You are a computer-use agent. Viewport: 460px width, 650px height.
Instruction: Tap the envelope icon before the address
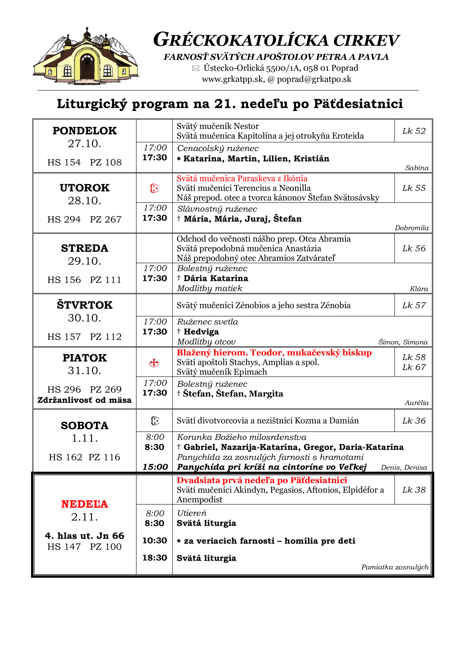(195, 68)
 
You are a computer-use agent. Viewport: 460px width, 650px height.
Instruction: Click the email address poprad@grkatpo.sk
(314, 79)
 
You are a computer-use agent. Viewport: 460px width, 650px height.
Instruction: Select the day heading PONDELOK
(84, 131)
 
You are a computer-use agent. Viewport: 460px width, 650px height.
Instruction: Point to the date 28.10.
(84, 201)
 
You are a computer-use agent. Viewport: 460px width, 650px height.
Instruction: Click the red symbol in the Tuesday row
(154, 188)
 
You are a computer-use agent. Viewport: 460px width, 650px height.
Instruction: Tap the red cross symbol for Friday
(154, 363)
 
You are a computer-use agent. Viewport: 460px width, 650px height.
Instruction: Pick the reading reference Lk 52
(414, 131)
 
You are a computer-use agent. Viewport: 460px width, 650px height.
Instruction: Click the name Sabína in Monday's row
(417, 168)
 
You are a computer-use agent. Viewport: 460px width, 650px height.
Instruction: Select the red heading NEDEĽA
(84, 504)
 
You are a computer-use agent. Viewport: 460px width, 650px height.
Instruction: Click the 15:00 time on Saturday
(155, 467)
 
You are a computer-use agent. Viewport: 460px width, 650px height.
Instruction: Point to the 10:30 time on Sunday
(155, 541)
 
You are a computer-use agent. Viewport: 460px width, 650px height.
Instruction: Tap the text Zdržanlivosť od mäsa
(84, 400)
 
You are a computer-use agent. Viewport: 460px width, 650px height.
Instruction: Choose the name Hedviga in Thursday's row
(201, 332)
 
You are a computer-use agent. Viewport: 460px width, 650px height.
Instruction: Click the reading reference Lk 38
(414, 490)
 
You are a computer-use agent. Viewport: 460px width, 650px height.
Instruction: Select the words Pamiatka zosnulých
(394, 567)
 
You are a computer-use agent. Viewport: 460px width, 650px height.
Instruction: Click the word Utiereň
(192, 513)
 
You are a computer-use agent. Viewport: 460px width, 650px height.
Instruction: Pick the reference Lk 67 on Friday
(414, 367)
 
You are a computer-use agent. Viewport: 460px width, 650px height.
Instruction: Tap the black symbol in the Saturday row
(155, 421)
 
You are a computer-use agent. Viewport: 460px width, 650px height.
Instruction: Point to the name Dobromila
(411, 228)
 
